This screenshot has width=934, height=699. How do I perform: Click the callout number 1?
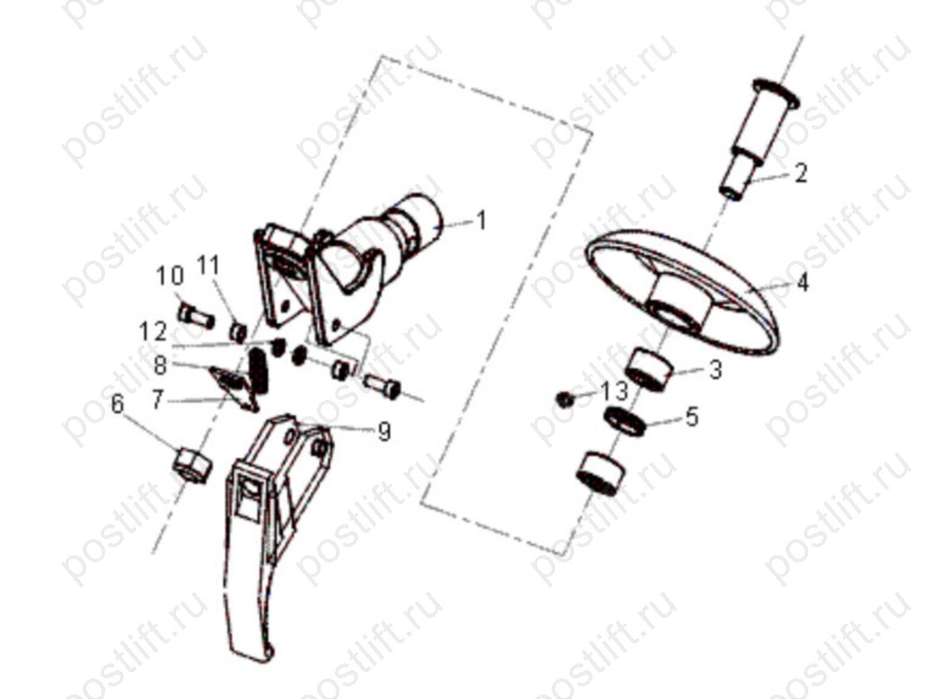(481, 220)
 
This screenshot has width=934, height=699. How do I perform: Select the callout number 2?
(800, 173)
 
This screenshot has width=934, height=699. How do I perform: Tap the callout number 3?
(716, 369)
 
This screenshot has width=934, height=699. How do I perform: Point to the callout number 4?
(802, 282)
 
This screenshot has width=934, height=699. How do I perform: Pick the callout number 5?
(692, 417)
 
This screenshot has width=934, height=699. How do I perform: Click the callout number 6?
(118, 404)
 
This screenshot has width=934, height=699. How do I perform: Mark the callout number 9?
(384, 431)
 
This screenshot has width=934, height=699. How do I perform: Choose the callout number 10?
(170, 277)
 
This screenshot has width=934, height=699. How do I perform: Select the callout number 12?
(153, 332)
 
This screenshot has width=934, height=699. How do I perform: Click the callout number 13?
(614, 392)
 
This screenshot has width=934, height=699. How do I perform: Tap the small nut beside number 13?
(563, 399)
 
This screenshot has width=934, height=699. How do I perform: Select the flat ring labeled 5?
(626, 421)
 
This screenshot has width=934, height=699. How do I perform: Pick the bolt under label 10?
(196, 315)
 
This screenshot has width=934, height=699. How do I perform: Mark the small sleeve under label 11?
(238, 332)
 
